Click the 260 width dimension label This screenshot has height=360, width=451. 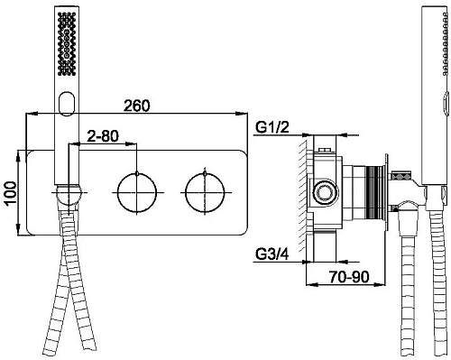(137, 106)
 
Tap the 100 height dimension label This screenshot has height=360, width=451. (11, 193)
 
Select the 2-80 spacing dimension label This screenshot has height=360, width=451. (103, 136)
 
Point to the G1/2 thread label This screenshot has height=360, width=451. (272, 128)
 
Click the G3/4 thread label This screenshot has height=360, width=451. (272, 254)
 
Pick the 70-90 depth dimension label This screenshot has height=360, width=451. (349, 277)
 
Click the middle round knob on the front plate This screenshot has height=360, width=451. (137, 192)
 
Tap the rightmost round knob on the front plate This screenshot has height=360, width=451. (205, 192)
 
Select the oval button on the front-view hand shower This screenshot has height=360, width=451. (67, 103)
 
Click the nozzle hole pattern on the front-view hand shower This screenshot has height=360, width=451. (67, 44)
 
